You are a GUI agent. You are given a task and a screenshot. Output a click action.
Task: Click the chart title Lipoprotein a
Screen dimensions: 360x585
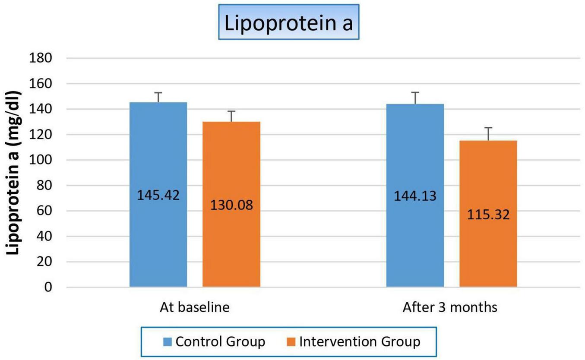click(x=288, y=24)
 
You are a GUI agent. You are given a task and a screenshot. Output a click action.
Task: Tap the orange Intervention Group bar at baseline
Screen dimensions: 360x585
click(x=231, y=246)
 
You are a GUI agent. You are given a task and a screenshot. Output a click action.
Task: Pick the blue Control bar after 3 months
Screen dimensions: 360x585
click(x=415, y=237)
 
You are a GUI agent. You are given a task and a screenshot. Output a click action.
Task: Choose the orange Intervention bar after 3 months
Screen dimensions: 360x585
click(x=488, y=250)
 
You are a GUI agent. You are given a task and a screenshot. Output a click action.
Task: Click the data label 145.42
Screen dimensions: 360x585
click(x=158, y=195)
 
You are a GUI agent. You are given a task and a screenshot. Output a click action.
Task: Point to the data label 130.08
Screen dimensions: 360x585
click(x=231, y=205)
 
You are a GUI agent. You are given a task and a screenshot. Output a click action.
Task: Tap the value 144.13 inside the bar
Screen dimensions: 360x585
click(x=415, y=196)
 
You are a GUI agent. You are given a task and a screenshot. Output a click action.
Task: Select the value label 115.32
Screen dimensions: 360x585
click(x=488, y=215)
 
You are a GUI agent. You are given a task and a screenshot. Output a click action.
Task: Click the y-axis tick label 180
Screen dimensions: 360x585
click(x=41, y=58)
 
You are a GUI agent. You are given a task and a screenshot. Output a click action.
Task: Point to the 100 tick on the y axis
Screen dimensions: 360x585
click(x=41, y=160)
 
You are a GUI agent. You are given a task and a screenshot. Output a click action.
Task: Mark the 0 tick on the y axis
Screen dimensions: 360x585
click(x=48, y=287)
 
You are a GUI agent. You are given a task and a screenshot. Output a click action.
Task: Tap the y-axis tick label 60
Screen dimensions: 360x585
click(x=44, y=211)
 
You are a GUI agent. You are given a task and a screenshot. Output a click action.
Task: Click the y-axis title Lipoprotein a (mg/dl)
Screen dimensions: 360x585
click(x=14, y=173)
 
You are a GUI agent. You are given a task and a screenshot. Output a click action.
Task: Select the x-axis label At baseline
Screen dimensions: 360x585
click(x=194, y=308)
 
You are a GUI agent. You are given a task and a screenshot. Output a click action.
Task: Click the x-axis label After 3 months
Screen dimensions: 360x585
click(x=450, y=308)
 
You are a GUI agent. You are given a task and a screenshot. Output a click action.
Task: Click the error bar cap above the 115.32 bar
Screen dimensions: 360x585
click(x=488, y=128)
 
